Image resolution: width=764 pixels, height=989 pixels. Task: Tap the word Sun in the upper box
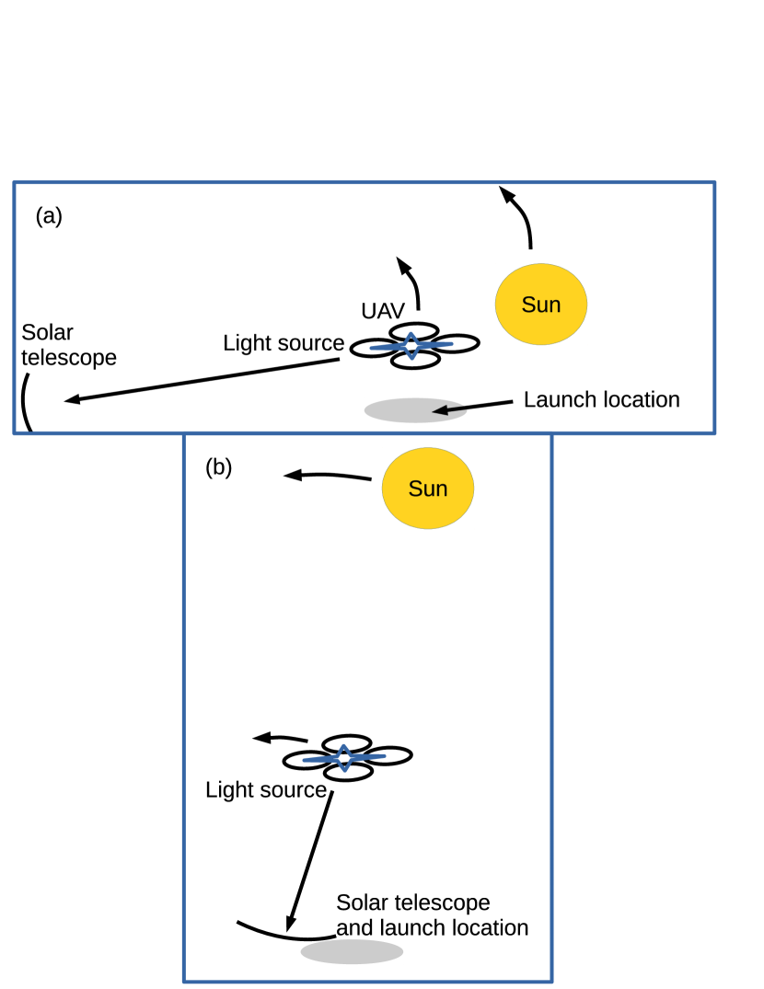point(541,305)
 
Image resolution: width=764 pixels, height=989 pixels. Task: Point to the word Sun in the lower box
point(428,489)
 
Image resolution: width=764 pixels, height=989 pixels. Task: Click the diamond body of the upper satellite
point(411,346)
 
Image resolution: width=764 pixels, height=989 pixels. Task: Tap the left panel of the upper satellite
point(387,348)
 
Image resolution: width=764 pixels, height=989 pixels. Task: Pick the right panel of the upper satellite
point(436,345)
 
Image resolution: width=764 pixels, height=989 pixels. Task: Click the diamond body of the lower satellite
point(344,758)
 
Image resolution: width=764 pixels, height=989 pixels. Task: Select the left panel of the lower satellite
point(319,760)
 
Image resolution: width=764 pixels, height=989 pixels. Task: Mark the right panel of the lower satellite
point(368,757)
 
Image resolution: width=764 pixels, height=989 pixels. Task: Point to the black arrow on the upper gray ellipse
point(449,409)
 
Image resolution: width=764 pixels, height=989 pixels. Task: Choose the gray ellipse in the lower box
point(352,951)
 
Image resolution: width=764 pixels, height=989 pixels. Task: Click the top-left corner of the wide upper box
point(15,183)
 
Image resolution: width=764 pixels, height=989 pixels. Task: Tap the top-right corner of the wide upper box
point(714,183)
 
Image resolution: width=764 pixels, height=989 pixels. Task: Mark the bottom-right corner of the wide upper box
point(714,431)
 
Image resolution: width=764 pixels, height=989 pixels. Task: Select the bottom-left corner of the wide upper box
point(15,431)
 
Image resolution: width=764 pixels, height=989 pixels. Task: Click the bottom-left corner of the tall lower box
point(184,981)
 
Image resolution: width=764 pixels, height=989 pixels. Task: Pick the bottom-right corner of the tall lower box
point(551,981)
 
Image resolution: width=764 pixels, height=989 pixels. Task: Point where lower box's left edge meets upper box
point(184,432)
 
